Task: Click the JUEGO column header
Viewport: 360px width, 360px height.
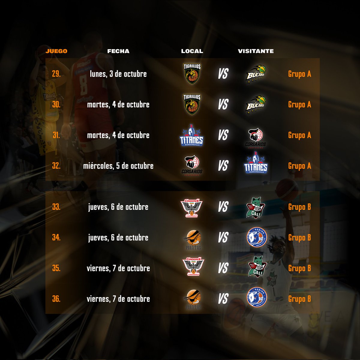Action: click(56, 51)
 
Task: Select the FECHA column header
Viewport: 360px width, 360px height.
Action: click(118, 51)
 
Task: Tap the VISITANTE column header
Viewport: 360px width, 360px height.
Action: click(256, 51)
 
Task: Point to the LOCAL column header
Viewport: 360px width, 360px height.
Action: click(192, 51)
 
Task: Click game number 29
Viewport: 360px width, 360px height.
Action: click(56, 74)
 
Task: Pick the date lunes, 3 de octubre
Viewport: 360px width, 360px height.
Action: click(118, 74)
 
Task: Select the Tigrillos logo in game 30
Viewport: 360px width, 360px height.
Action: click(192, 104)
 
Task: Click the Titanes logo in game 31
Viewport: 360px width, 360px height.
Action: click(191, 135)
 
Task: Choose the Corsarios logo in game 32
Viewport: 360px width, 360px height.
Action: click(192, 166)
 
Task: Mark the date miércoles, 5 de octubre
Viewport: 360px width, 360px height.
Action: click(118, 166)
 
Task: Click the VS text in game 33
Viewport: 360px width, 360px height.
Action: click(223, 207)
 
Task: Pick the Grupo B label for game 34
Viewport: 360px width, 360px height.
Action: click(299, 238)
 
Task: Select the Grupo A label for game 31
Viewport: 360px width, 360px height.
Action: click(299, 135)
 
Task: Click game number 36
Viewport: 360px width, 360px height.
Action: click(56, 299)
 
